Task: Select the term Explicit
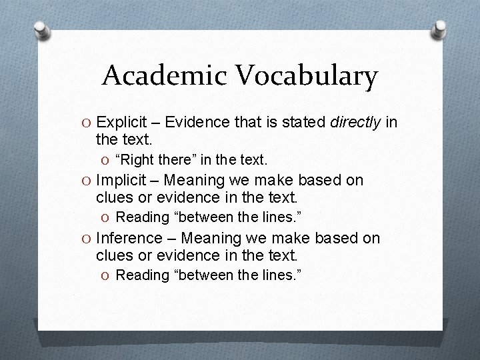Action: [x=121, y=121]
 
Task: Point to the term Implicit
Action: [x=119, y=180]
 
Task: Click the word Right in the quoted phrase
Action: [x=139, y=159]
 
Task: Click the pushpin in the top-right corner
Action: [x=440, y=27]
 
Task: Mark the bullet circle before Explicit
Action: [x=88, y=122]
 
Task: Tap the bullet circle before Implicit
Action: [x=88, y=181]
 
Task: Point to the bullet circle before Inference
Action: [x=88, y=239]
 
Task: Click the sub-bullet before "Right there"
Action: [x=107, y=160]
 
